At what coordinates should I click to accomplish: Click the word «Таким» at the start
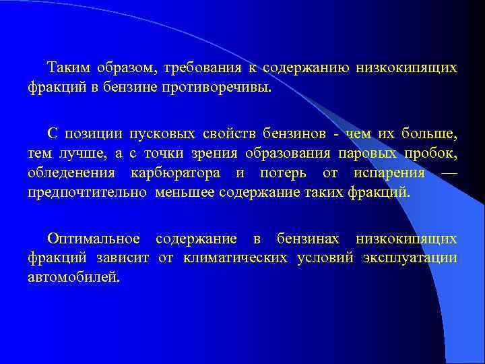[x=66, y=69]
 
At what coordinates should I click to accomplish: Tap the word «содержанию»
[x=303, y=69]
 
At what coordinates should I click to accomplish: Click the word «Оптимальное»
[x=94, y=239]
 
